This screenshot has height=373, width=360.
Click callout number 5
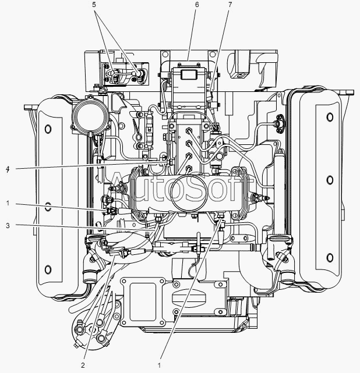pos(94,5)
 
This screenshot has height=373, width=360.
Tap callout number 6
pos(197,5)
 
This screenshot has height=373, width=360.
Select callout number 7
pos(230,5)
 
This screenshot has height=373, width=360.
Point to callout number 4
pos(8,169)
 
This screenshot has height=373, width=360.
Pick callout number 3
pos(8,226)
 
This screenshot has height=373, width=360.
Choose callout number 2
pos(83,365)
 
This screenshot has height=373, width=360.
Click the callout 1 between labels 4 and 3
pos(8,203)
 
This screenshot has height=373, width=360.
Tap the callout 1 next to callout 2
pos(160,365)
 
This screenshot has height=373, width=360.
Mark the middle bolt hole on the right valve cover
pos(330,180)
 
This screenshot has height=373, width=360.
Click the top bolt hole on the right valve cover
pos(330,117)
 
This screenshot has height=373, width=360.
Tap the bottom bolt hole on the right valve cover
pos(330,258)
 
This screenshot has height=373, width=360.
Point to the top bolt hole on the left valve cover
pos(48,129)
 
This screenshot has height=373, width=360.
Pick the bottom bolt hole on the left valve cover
pos(48,270)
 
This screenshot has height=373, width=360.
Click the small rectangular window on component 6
pos(188,74)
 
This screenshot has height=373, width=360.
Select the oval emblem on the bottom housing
pos(188,297)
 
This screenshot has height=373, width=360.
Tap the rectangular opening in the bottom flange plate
pos(143,301)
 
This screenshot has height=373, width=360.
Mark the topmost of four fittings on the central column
pos(189,130)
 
